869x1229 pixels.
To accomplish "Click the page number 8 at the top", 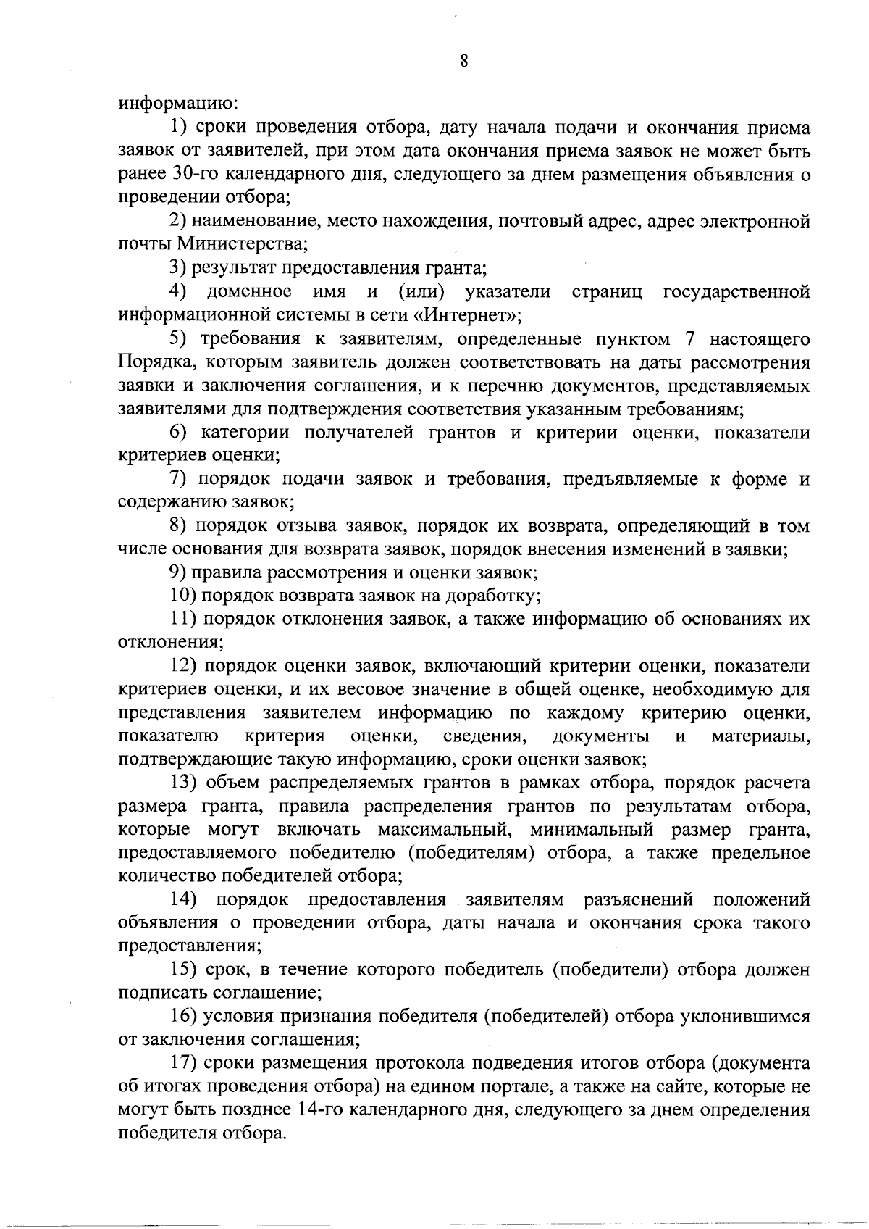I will [463, 62].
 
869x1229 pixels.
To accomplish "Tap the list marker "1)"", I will [178, 128].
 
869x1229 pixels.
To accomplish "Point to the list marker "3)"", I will [178, 268].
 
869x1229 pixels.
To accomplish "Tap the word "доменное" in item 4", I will [249, 292].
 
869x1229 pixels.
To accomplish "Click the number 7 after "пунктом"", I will [690, 338].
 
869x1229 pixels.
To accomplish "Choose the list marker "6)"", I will [178, 433].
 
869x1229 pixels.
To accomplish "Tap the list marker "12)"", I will [182, 666].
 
